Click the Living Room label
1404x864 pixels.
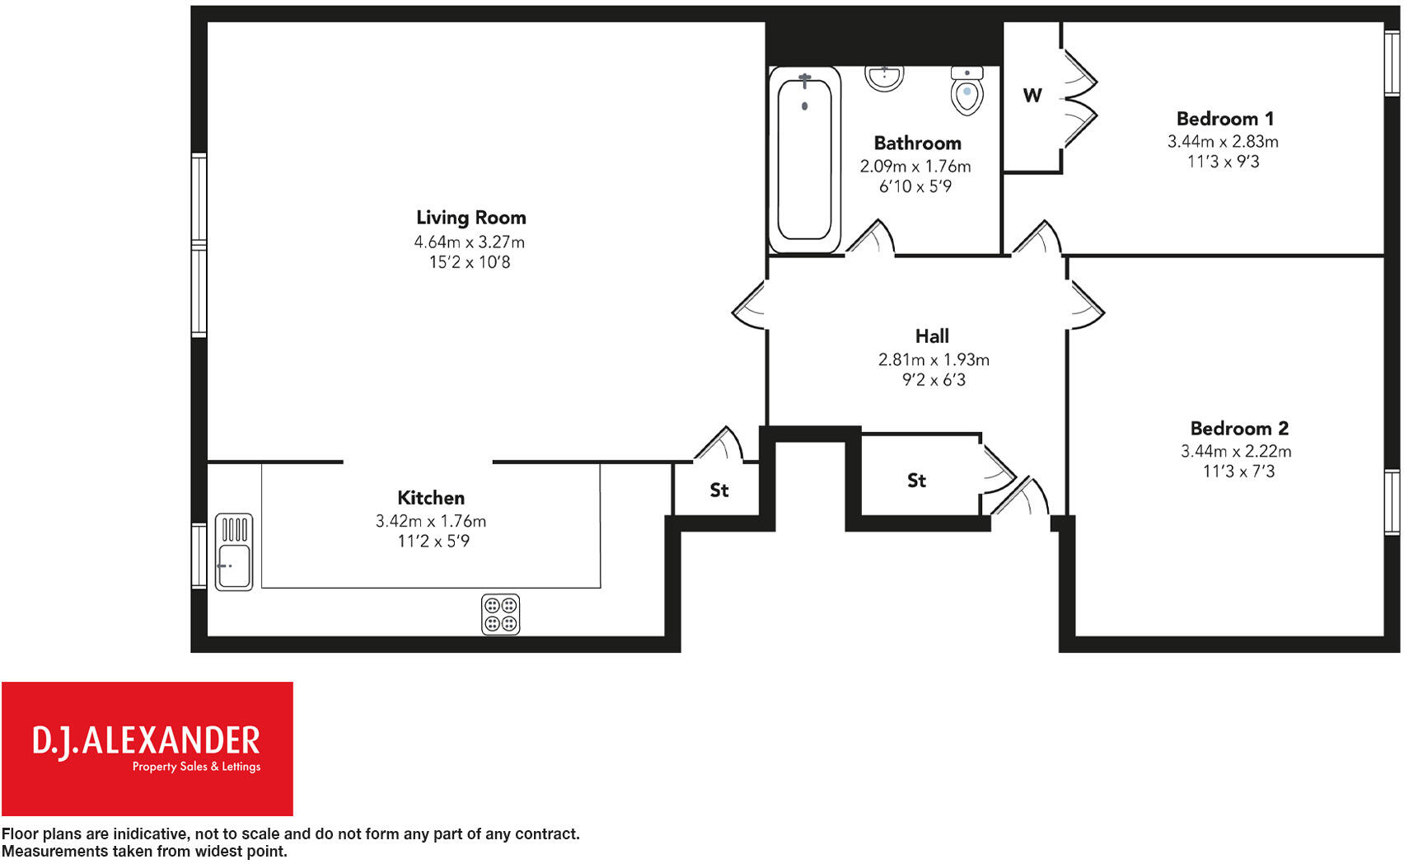(470, 218)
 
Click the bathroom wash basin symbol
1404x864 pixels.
(884, 77)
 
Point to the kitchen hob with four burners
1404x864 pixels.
(500, 614)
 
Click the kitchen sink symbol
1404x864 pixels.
(234, 552)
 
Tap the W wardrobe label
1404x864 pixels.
(1032, 96)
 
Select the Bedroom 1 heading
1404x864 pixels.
(1224, 119)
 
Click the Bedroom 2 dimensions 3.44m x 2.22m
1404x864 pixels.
(1236, 452)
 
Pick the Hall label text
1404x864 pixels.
(932, 336)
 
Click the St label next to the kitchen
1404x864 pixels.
(719, 491)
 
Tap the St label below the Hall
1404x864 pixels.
(916, 481)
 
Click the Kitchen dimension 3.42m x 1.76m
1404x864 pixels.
(431, 521)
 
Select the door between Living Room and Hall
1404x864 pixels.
(749, 306)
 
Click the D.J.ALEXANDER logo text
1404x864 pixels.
(146, 741)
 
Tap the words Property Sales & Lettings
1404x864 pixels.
(196, 767)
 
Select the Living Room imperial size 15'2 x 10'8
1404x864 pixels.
(469, 262)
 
